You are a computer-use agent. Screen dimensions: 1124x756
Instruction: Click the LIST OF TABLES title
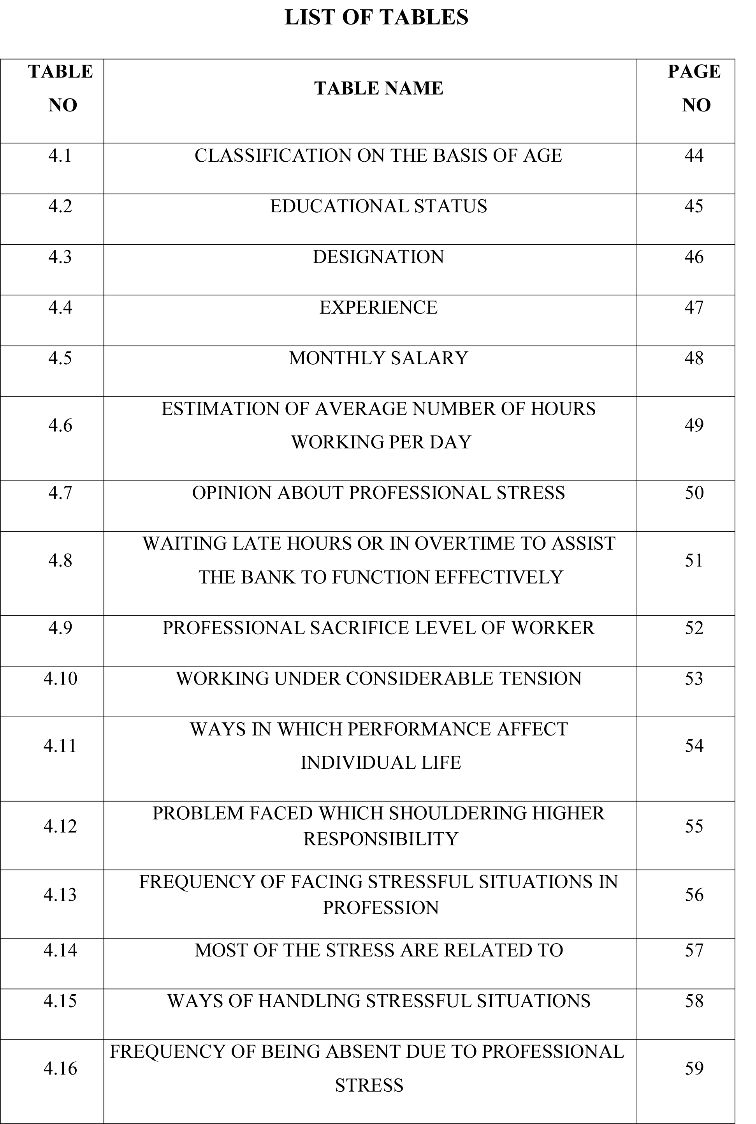tap(376, 18)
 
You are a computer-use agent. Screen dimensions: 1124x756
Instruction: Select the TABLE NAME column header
tap(378, 88)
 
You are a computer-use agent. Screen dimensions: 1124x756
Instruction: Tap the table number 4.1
tap(60, 155)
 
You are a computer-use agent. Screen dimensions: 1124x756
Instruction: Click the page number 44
tap(694, 155)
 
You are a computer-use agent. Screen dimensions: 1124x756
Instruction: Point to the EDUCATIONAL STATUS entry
tap(378, 206)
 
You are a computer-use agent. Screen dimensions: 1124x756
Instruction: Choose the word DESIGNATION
tap(378, 257)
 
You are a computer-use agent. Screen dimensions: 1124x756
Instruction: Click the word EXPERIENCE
tap(378, 307)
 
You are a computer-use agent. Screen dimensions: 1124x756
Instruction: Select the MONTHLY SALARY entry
tap(378, 358)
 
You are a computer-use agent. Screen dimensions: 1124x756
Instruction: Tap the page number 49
tap(694, 425)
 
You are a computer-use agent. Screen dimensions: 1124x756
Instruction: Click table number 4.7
tap(60, 492)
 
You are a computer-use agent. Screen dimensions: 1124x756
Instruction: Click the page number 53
tap(694, 678)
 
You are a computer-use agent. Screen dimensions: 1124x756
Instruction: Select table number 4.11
tap(60, 746)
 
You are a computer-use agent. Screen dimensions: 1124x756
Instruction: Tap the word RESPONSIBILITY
tap(380, 839)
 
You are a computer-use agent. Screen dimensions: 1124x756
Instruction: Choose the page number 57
tap(694, 950)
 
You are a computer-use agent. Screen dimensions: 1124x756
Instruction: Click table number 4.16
tap(60, 1068)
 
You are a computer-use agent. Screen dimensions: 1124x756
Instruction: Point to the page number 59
tap(694, 1068)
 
